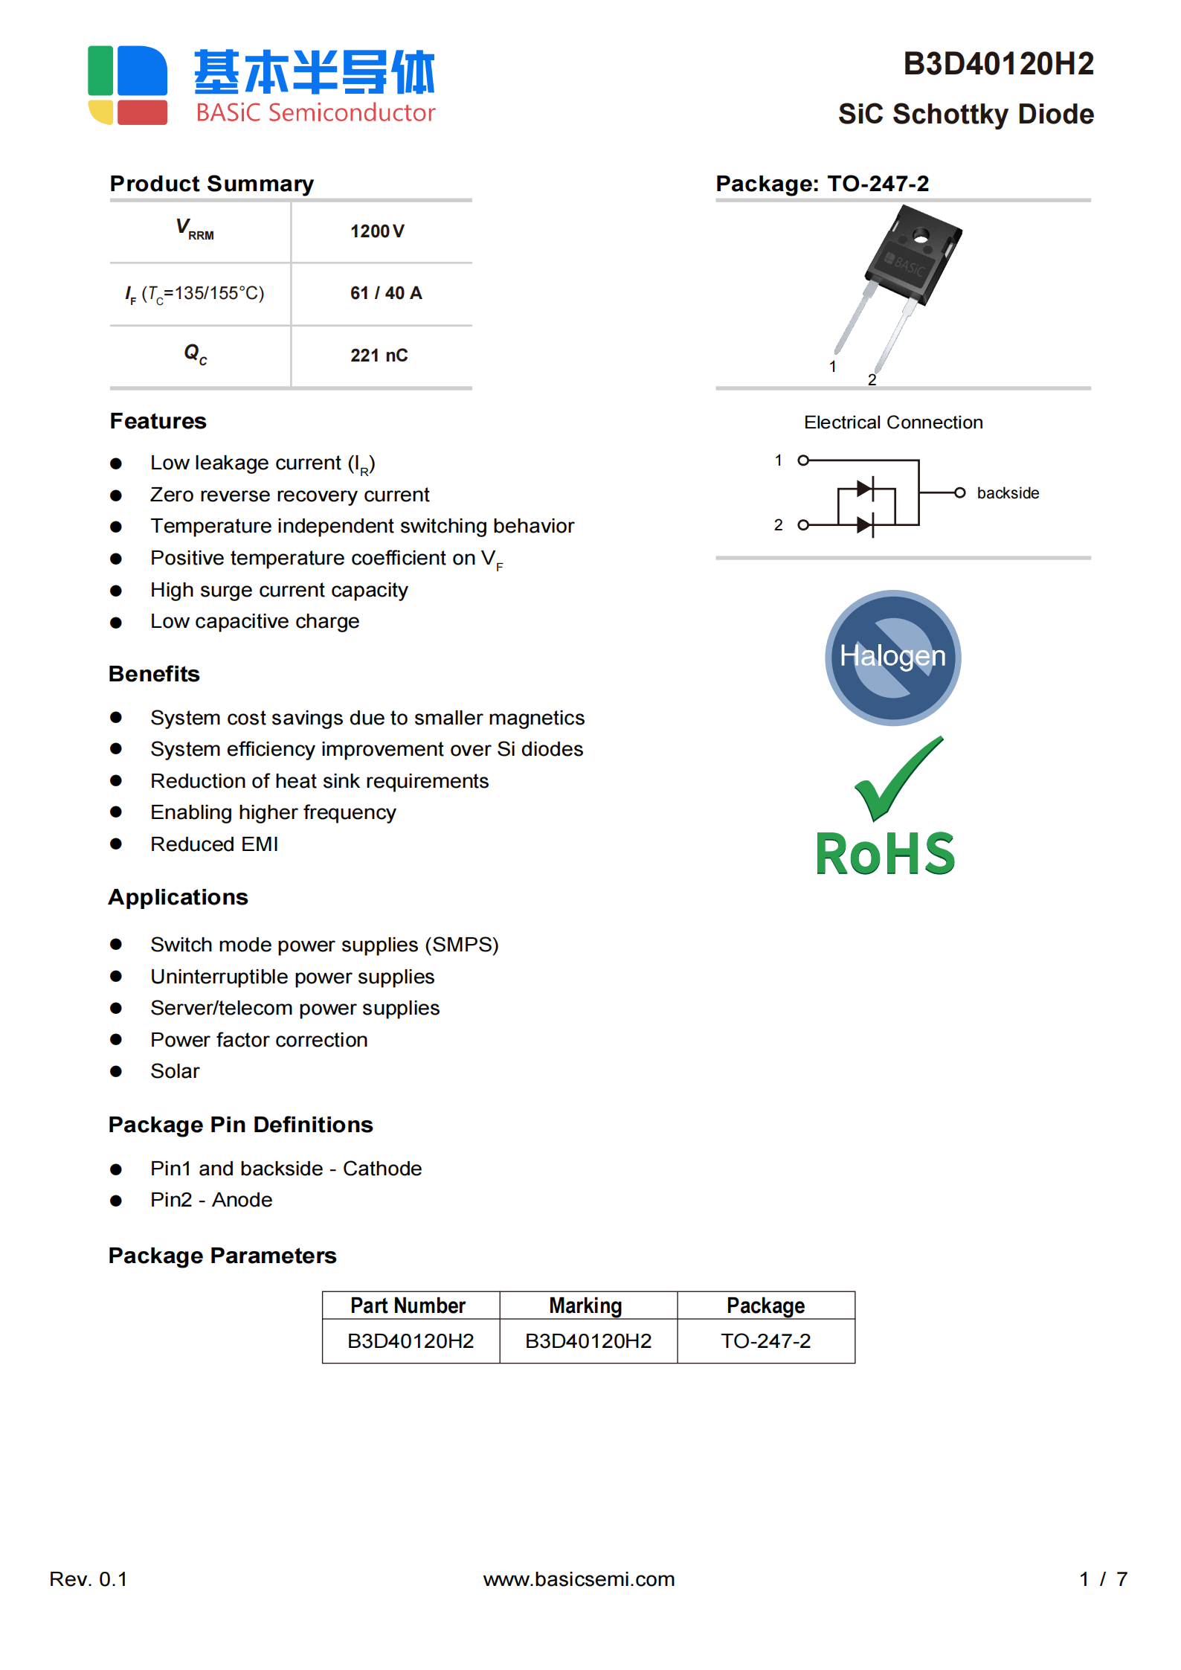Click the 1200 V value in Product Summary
377,231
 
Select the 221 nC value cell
379,356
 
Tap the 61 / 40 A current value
385,293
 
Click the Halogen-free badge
892,658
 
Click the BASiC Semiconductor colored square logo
127,86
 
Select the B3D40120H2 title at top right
997,64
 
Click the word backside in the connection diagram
1007,493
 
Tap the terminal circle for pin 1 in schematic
803,460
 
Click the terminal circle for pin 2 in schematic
803,525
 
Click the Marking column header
585,1306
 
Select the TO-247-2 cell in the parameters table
765,1340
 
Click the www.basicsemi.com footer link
579,1579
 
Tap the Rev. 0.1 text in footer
89,1579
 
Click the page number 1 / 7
1103,1579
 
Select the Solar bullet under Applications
175,1071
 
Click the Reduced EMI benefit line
214,844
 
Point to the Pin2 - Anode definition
211,1200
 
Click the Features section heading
158,421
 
